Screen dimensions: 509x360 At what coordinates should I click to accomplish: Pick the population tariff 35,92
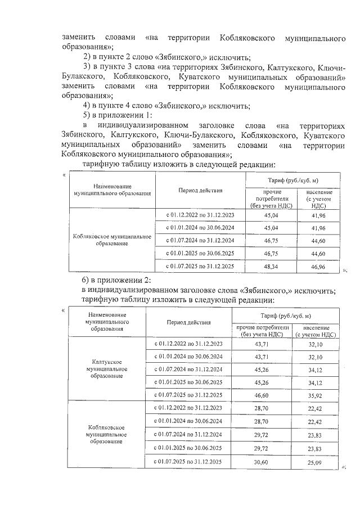point(315,396)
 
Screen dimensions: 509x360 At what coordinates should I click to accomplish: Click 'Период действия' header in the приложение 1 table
point(200,190)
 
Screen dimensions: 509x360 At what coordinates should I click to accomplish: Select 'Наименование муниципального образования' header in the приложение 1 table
point(109,190)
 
